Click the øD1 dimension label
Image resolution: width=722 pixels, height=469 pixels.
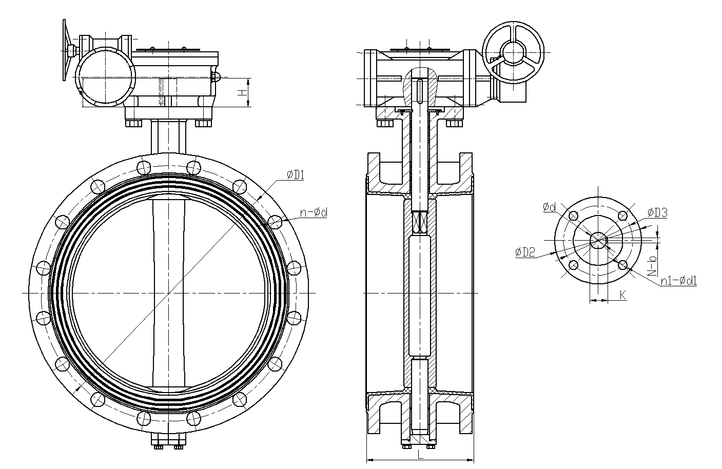pos(295,175)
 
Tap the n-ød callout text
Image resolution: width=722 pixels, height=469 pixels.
pos(314,212)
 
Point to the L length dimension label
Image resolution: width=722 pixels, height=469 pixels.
pos(420,455)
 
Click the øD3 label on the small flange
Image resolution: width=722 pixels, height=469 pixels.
pos(657,213)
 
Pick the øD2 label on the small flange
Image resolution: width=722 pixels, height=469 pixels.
pos(525,252)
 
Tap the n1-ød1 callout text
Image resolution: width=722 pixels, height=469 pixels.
pos(678,281)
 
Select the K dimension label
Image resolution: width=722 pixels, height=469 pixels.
pos(623,295)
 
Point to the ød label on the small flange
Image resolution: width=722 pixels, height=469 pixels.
pos(549,207)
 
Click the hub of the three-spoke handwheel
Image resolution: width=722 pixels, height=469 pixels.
pos(514,52)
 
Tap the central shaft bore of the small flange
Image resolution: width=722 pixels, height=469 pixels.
pos(598,241)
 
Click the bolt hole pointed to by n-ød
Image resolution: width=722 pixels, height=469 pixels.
pos(275,222)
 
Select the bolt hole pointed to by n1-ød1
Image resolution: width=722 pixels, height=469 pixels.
pos(623,265)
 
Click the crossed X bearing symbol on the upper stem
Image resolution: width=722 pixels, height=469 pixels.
pos(420,222)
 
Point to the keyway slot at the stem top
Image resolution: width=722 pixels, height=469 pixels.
pos(420,91)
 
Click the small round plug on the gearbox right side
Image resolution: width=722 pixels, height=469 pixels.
pos(216,77)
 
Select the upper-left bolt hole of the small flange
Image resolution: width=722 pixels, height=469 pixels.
pos(573,216)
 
